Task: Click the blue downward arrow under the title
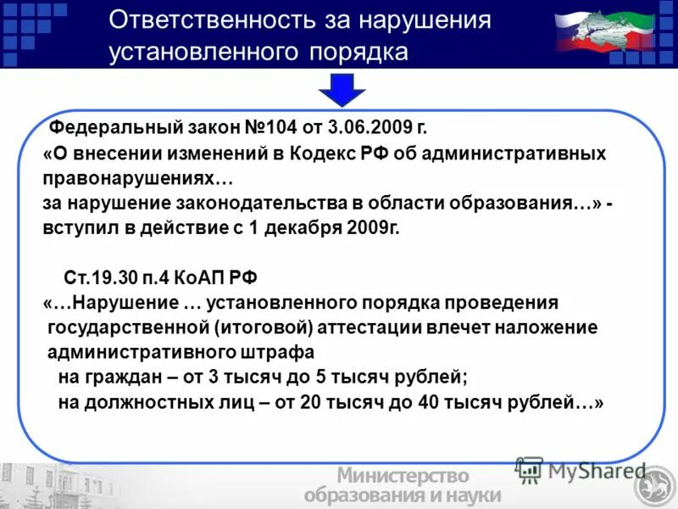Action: click(342, 89)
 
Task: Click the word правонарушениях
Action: click(137, 180)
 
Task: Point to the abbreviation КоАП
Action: click(205, 277)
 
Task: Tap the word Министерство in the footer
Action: click(403, 477)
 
